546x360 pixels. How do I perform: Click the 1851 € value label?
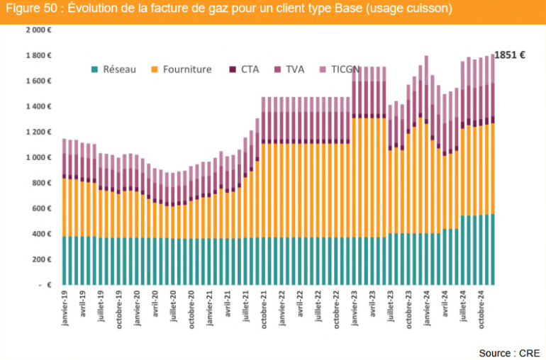pyautogui.click(x=509, y=55)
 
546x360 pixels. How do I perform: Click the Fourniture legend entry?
pyautogui.click(x=186, y=69)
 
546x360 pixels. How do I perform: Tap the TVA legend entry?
pyautogui.click(x=294, y=69)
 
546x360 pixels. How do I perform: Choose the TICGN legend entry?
pyautogui.click(x=345, y=69)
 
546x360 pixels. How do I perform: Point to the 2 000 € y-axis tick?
pyautogui.click(x=39, y=30)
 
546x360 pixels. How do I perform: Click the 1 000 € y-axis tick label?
pyautogui.click(x=39, y=157)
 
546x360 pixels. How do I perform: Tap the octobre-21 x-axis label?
pyautogui.click(x=264, y=309)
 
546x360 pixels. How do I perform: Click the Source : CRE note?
pyautogui.click(x=508, y=352)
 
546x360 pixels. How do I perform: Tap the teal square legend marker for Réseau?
pyautogui.click(x=94, y=69)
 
